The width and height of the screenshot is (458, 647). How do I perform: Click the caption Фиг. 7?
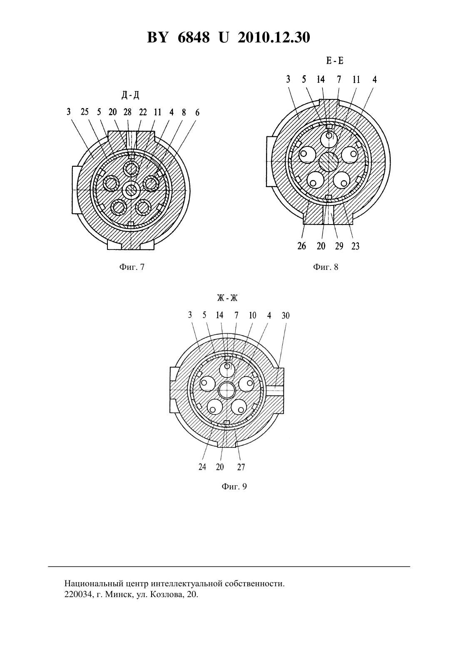point(132,267)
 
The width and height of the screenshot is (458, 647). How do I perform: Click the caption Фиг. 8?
point(326,267)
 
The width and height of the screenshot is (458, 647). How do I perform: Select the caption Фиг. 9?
point(234,486)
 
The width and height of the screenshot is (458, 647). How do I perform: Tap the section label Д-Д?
point(130,95)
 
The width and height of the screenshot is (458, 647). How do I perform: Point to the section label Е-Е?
point(335,61)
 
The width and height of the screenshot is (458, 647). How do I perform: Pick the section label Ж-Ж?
point(227,298)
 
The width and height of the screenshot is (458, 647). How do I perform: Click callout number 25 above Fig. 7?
point(85,112)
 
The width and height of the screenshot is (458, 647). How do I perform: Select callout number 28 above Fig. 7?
point(127,112)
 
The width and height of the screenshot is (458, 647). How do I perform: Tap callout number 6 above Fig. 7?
point(197,112)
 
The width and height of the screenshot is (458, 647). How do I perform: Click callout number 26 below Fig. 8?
point(301,246)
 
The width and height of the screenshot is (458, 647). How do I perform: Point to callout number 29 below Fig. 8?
point(339,246)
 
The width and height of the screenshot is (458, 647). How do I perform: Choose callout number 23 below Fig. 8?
point(355,246)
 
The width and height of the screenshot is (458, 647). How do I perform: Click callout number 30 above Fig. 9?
point(285,316)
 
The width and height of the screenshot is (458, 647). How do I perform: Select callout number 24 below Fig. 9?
point(202,467)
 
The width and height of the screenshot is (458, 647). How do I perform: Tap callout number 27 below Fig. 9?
point(241,467)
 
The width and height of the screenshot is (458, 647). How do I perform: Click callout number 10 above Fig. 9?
point(252,316)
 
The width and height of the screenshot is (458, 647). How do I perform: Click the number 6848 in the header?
point(194,37)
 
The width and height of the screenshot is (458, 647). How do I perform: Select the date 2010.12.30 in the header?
point(274,37)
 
